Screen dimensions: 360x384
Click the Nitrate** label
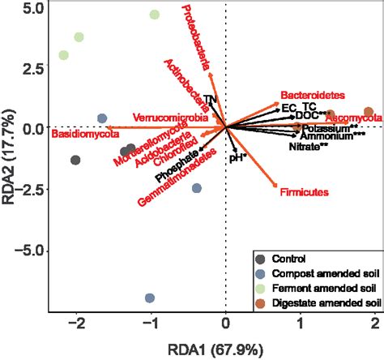click(x=309, y=147)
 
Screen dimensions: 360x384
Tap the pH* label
click(x=237, y=158)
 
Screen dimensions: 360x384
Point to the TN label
click(x=211, y=100)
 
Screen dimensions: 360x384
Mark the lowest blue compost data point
click(x=149, y=298)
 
